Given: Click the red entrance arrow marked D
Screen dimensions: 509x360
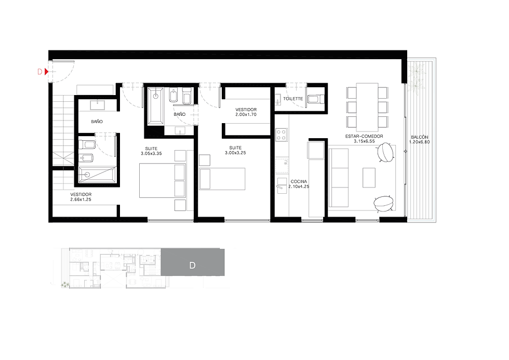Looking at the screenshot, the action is click(46, 71).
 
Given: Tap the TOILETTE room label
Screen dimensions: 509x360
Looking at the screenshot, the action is click(293, 99).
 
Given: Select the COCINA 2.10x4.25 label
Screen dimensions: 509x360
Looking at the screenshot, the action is click(299, 184).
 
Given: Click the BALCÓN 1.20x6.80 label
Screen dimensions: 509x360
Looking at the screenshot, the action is click(420, 140).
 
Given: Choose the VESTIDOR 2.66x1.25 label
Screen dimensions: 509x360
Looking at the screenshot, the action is click(81, 197).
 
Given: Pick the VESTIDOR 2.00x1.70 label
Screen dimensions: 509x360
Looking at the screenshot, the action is click(246, 112).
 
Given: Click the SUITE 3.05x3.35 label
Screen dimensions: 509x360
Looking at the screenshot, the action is click(151, 151).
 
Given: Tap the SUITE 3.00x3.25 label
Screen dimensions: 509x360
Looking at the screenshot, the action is click(235, 150).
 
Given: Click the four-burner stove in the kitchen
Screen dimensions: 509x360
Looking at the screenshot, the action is click(282, 135).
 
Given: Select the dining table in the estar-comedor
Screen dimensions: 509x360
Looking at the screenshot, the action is click(367, 107).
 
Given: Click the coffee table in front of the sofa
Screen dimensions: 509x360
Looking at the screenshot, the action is click(369, 178).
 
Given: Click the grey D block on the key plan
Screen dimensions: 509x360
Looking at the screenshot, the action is click(193, 262).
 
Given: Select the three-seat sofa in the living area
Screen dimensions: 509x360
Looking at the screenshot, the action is click(339, 178).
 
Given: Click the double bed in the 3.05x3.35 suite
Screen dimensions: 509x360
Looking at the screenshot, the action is click(163, 180).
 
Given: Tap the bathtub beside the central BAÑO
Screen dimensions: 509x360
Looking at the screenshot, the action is click(156, 106).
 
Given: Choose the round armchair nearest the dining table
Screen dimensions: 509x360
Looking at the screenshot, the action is click(385, 152).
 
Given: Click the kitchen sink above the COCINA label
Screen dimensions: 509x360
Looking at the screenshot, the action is click(282, 165).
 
